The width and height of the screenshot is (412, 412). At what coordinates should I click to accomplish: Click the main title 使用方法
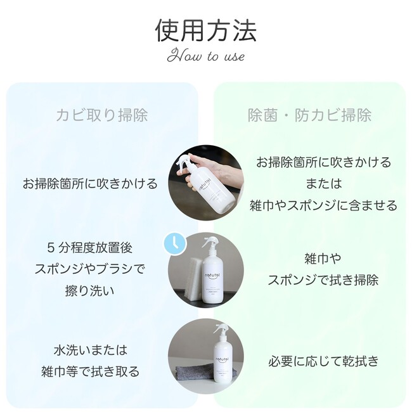point(206,31)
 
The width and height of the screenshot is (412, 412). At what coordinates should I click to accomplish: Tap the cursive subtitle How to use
point(206,56)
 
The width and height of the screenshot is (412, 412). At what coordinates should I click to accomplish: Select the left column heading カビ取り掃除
point(102,115)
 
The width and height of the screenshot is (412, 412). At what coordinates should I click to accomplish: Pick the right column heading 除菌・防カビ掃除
point(309,115)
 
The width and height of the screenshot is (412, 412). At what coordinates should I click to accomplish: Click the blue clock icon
point(175,244)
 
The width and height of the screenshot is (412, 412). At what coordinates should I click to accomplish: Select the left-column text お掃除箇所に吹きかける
point(90,183)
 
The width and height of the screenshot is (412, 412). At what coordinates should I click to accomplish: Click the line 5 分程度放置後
point(90,247)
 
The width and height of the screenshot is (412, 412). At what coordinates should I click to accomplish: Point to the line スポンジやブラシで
point(90,269)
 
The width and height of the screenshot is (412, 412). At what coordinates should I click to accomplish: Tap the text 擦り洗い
point(90,290)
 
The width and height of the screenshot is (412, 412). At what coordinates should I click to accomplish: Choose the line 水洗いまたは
point(91,350)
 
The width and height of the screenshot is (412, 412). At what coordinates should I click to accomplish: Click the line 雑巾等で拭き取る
point(91,371)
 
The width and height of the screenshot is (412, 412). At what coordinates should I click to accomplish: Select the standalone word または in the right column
point(324,183)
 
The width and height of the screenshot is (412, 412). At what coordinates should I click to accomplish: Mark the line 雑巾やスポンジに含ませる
point(324,205)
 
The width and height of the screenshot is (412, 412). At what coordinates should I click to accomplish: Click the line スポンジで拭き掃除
point(323,280)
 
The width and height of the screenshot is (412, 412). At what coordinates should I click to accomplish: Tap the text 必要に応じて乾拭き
point(324,361)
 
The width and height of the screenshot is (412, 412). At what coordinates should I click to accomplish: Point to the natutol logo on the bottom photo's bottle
point(220,359)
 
